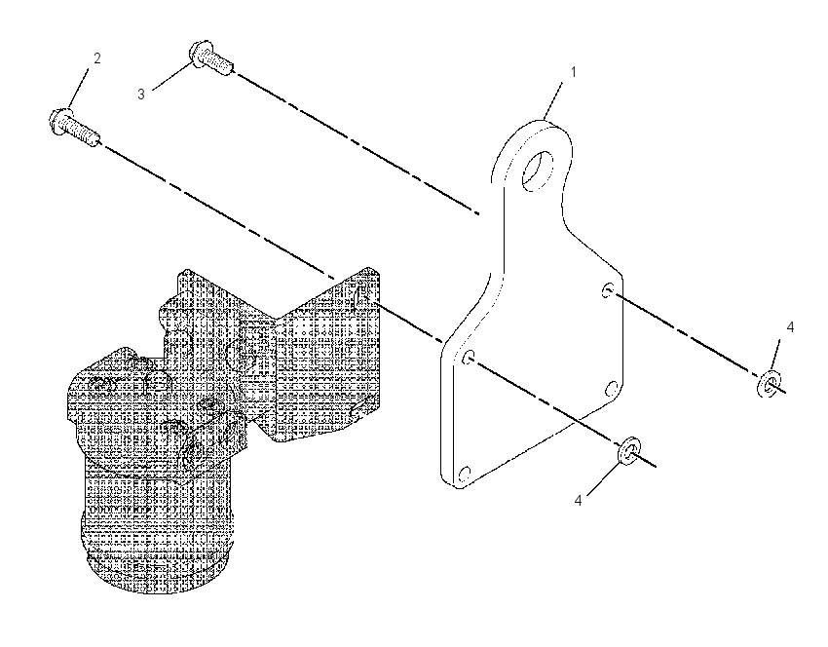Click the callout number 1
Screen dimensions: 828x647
574,72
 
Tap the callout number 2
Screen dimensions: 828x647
97,58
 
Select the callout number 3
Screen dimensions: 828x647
141,94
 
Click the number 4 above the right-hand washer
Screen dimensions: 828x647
790,327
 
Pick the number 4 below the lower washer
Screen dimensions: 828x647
579,500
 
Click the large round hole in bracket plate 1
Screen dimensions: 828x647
538,171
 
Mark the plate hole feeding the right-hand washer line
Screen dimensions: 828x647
608,290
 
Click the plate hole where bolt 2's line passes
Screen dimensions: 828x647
469,359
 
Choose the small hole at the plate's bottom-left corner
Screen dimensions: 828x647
464,474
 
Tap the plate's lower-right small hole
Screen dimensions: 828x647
611,389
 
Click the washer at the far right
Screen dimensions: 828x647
770,384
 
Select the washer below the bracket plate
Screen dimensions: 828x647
627,450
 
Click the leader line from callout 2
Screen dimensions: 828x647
80,89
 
